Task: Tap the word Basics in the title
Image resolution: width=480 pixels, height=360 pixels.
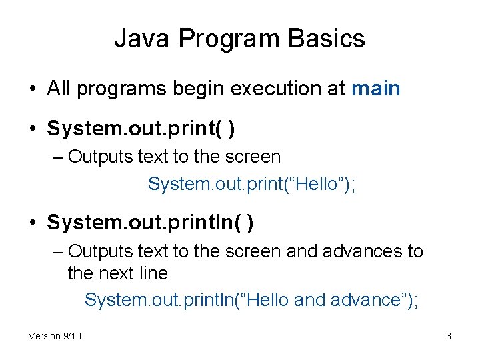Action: tap(327, 39)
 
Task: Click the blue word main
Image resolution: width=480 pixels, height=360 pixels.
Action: tap(375, 89)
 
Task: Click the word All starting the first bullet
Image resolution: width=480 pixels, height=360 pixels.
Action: tap(58, 89)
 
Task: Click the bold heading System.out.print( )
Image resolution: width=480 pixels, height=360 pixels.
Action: tap(141, 128)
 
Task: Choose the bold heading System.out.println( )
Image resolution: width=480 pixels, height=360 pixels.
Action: tap(150, 223)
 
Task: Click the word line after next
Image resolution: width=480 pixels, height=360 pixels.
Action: tap(153, 273)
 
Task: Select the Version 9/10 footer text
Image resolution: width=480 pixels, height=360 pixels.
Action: tap(55, 336)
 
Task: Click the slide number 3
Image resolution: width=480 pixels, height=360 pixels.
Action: tap(449, 336)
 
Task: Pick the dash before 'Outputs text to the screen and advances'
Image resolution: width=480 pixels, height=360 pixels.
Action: tap(59, 252)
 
